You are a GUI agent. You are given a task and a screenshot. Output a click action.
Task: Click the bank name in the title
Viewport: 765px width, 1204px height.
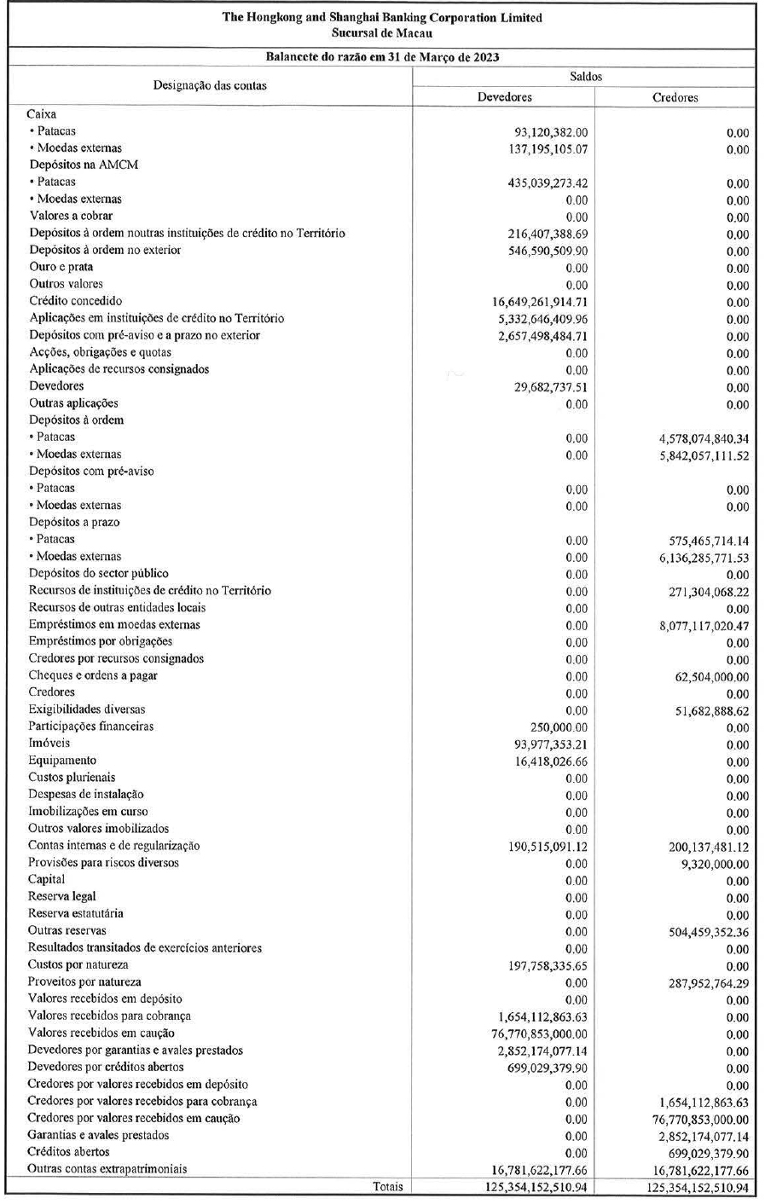[381, 17]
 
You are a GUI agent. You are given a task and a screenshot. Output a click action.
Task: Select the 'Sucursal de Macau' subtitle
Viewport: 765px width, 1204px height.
[381, 33]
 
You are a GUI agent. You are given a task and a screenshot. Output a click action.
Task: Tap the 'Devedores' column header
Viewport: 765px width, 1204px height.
[504, 97]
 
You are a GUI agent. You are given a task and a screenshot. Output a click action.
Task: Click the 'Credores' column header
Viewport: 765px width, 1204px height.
[675, 97]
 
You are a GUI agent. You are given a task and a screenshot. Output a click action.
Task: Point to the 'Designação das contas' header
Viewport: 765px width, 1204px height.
[210, 85]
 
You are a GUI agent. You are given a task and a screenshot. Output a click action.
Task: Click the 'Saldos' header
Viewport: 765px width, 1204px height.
[585, 77]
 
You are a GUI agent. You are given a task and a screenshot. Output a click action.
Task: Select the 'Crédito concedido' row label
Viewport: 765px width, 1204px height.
[76, 301]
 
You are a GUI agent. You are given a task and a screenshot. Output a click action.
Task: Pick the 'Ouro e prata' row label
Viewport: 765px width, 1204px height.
[61, 267]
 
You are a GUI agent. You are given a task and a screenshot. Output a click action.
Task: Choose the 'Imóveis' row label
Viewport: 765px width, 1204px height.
[49, 744]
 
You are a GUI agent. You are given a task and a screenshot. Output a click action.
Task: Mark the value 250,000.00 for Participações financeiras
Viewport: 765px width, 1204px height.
[559, 727]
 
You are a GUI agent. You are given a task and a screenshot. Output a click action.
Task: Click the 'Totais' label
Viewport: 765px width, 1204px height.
[388, 1186]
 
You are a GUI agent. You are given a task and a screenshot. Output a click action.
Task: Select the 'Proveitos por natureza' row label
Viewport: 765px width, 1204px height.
[85, 981]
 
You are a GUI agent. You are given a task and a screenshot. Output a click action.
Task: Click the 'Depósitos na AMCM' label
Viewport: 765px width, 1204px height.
[84, 165]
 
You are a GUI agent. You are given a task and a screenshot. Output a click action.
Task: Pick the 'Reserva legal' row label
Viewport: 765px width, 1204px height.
[62, 896]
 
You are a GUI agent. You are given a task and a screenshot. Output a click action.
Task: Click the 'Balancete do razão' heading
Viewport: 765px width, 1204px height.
[381, 57]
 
